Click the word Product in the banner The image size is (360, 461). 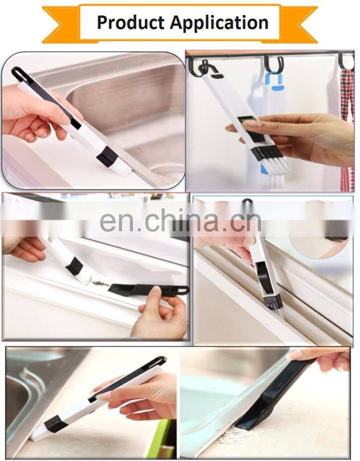tap(130, 23)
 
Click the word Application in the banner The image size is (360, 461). tap(219, 23)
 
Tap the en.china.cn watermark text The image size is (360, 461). tap(180, 220)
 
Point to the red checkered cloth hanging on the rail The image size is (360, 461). tap(348, 124)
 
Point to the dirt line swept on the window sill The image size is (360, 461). tap(100, 283)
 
